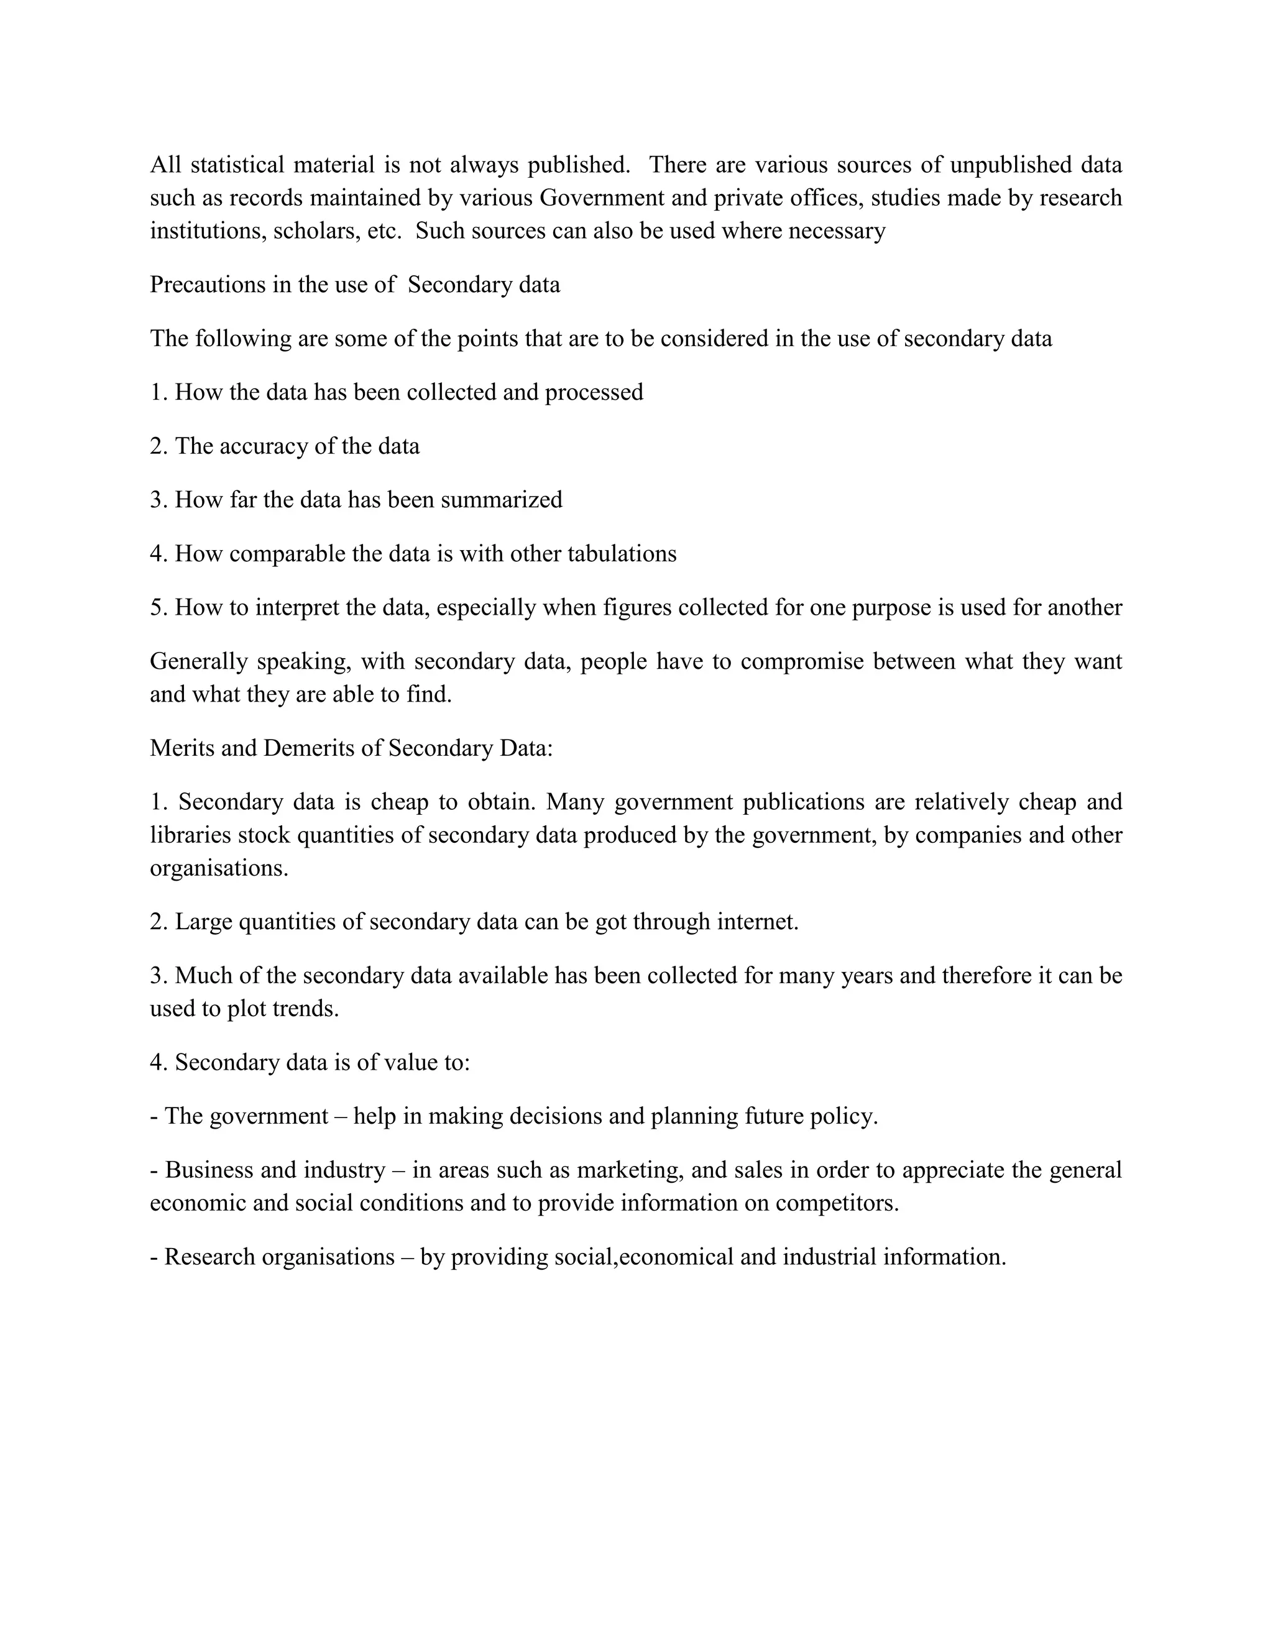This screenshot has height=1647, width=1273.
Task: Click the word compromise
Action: (802, 661)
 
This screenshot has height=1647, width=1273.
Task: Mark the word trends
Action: (307, 1009)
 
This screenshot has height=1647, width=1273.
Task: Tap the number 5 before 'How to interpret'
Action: (156, 608)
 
